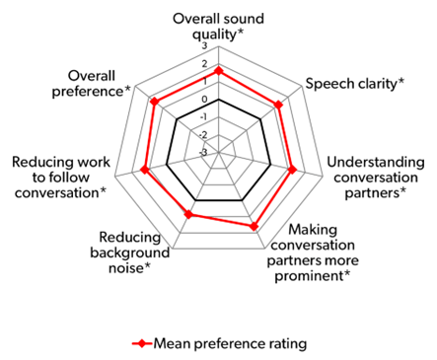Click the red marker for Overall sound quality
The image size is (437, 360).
[x=219, y=71]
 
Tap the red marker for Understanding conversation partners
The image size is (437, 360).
[x=293, y=171]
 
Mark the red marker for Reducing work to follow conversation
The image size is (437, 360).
[x=146, y=171]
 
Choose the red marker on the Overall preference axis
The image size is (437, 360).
[x=154, y=101]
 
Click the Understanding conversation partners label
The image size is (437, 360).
[x=375, y=176]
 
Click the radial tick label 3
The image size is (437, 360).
[x=204, y=46]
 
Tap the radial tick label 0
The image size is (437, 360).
[x=204, y=100]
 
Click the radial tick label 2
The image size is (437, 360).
[x=204, y=64]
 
